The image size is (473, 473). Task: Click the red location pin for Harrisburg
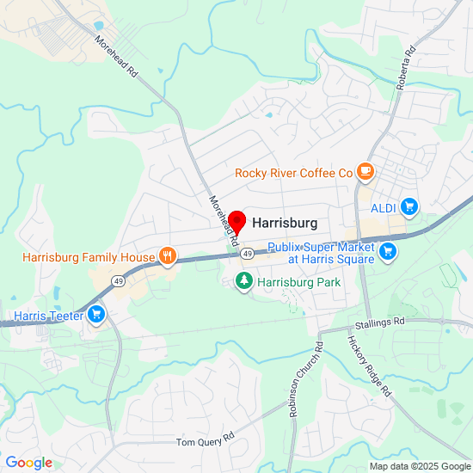point(238,221)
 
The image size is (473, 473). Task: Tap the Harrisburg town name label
point(285,223)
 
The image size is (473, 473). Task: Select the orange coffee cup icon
point(365,172)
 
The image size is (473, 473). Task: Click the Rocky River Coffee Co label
point(294,173)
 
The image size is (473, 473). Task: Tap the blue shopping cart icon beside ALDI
point(408,206)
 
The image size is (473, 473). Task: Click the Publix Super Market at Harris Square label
point(320,253)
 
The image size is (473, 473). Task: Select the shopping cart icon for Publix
point(388,252)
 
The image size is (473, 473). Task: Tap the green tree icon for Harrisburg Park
point(244,281)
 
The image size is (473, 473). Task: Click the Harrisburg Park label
point(299,282)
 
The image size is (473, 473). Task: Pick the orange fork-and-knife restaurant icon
point(167,256)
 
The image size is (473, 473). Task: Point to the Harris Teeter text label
point(48,316)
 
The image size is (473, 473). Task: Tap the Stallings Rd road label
point(379,322)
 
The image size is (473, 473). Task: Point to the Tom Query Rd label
point(205,441)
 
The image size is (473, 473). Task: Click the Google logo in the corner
point(28,463)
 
